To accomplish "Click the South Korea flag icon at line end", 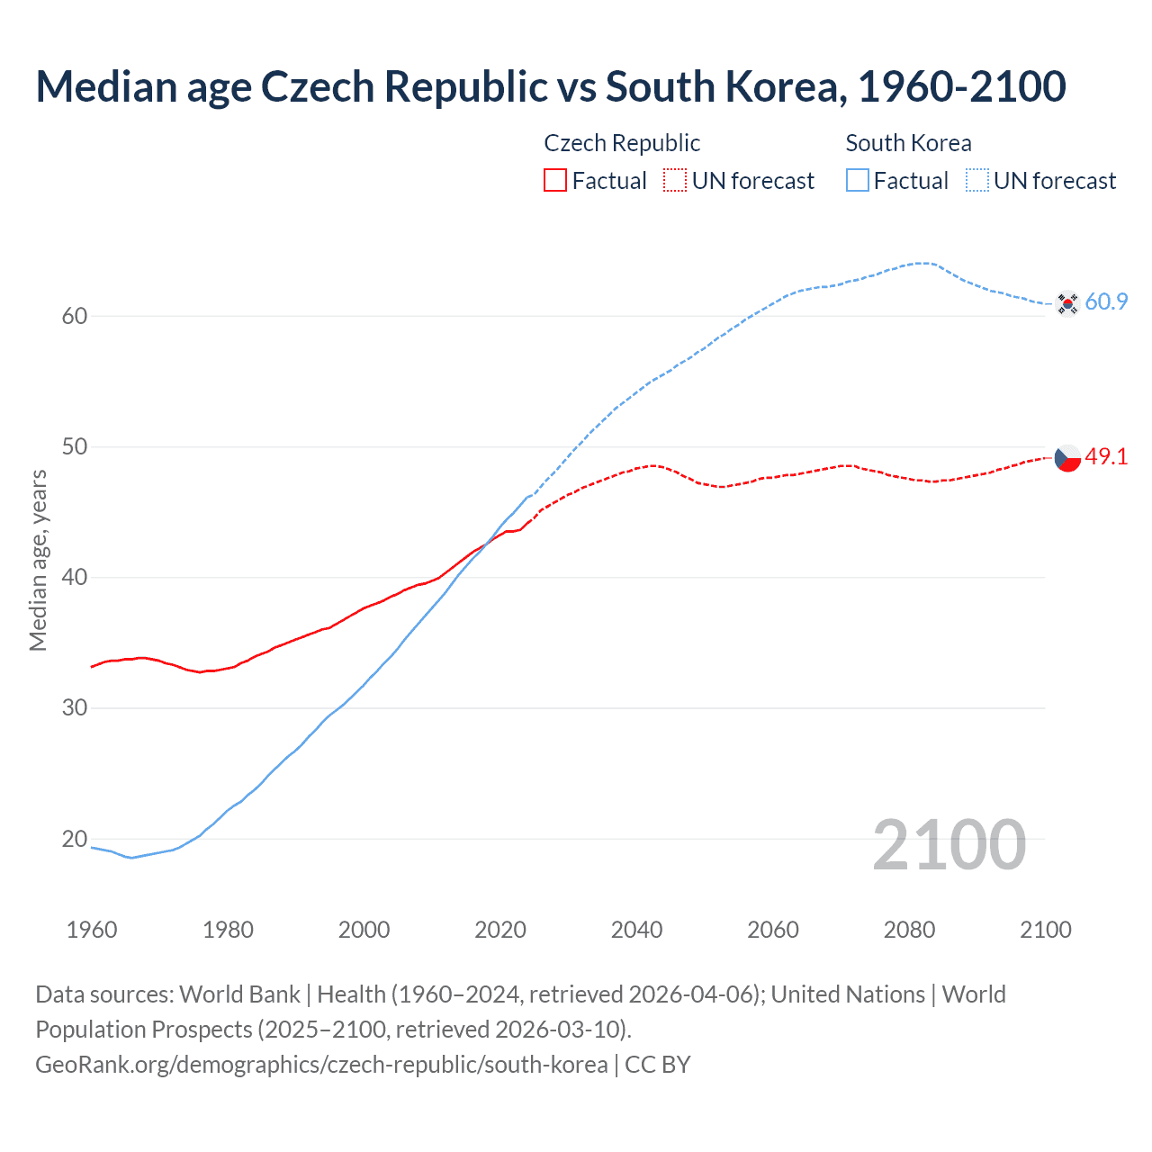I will tap(1067, 303).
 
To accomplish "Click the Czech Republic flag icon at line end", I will tap(1067, 458).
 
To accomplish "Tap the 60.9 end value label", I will tap(1106, 302).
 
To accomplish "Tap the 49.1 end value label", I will tap(1106, 457).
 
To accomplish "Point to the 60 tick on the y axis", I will tap(75, 316).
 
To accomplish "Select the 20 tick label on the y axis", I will tap(75, 839).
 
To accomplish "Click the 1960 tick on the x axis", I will tap(92, 930).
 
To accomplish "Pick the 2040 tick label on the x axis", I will tap(636, 930).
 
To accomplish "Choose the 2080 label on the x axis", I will tap(909, 930).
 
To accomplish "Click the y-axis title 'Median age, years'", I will tap(38, 560).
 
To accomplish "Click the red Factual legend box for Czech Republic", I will tap(555, 181).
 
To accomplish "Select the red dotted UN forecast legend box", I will tap(675, 181).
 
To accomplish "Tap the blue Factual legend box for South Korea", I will tap(858, 181).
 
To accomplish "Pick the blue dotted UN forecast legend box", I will tap(977, 181).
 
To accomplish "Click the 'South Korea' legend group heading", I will tap(908, 143).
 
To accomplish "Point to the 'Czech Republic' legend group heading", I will tap(622, 143).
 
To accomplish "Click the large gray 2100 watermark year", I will tap(949, 845).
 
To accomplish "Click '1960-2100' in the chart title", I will tap(961, 86).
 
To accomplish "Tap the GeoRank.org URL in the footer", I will tap(321, 1065).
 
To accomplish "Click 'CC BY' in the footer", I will tap(658, 1065).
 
